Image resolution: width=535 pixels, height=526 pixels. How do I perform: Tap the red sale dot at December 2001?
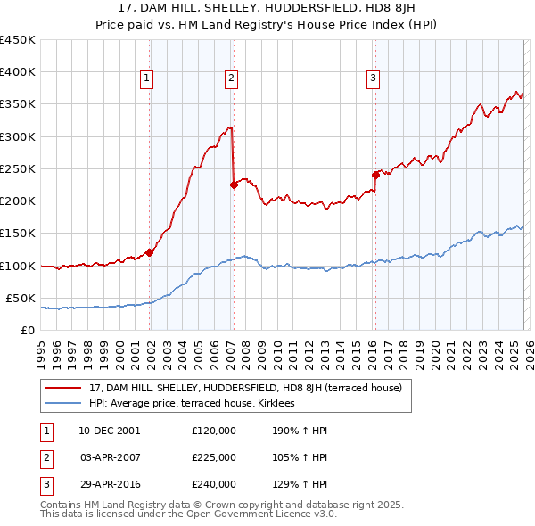click(150, 252)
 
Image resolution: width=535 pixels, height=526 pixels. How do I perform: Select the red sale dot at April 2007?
click(234, 185)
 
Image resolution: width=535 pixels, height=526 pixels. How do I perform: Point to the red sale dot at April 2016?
click(375, 176)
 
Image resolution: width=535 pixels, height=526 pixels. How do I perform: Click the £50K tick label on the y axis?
click(21, 298)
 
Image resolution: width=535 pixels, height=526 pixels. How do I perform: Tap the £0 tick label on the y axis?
click(27, 330)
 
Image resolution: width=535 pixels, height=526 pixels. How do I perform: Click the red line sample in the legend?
click(63, 388)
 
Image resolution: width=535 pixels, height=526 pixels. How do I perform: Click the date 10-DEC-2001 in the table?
click(109, 431)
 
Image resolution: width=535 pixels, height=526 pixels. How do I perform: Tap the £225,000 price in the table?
click(213, 457)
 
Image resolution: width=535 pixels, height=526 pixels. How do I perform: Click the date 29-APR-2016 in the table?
click(109, 484)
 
